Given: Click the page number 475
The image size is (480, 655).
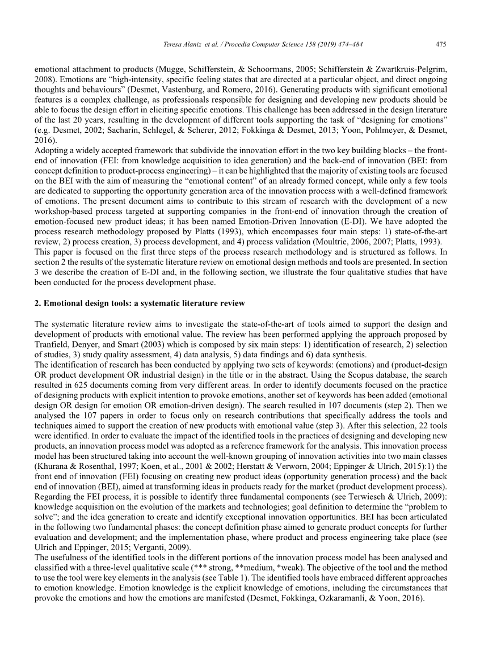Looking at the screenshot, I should [x=440, y=44].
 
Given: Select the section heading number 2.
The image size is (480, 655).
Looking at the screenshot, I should [x=37, y=303].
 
